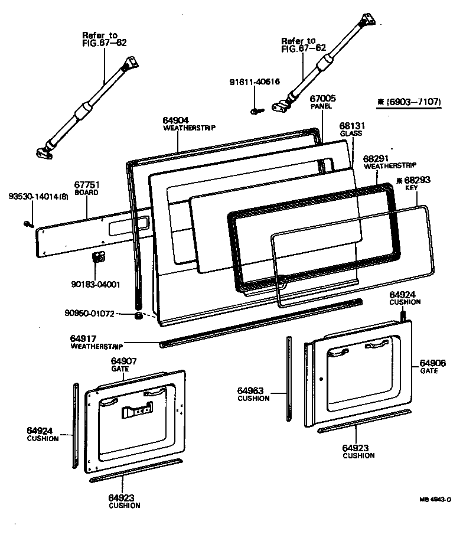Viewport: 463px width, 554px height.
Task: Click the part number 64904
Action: click(x=175, y=120)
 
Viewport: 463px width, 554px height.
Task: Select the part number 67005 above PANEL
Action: click(x=322, y=98)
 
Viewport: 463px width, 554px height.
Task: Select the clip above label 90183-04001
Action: click(x=99, y=258)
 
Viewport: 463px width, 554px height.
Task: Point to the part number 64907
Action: click(x=124, y=360)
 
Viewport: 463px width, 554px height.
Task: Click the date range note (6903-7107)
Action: click(x=411, y=102)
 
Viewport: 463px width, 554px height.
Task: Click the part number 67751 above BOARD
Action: click(x=86, y=184)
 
